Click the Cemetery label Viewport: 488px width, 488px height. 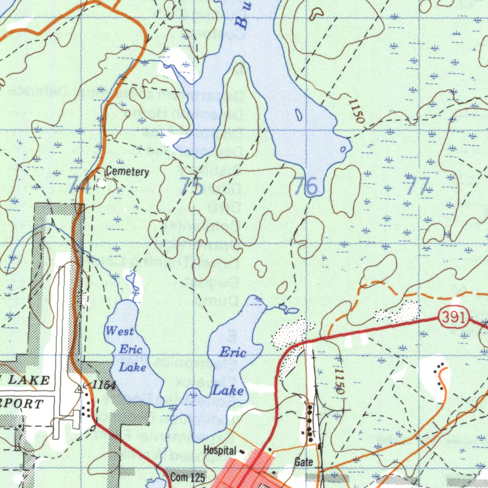pyautogui.click(x=127, y=172)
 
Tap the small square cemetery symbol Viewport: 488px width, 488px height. pyautogui.click(x=101, y=182)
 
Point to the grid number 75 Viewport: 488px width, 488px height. pyautogui.click(x=192, y=186)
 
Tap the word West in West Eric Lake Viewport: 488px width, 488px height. pyautogui.click(x=120, y=331)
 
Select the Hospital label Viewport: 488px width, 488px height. pyautogui.click(x=220, y=450)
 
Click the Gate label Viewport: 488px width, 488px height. pyautogui.click(x=304, y=461)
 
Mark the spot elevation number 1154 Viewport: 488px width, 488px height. pyautogui.click(x=104, y=385)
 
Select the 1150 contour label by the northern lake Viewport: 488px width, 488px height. pyautogui.click(x=356, y=111)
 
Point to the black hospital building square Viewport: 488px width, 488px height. pyautogui.click(x=241, y=451)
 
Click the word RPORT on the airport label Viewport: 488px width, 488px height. pyautogui.click(x=21, y=404)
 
